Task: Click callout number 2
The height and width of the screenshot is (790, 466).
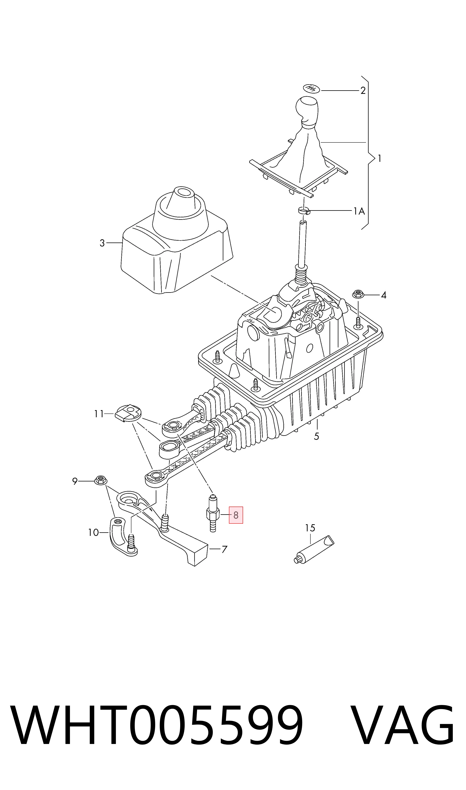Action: coord(363,91)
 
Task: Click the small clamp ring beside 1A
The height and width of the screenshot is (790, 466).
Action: coord(304,210)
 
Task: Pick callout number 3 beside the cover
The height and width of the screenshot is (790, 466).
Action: coord(102,243)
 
